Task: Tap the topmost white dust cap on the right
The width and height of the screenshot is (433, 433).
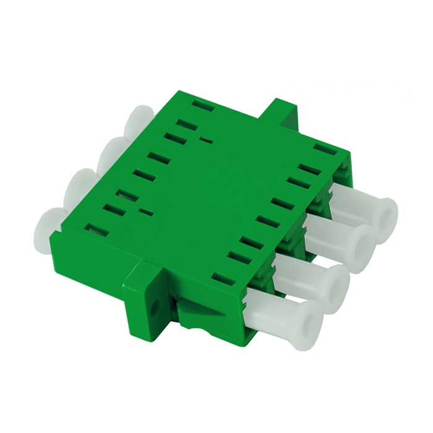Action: (x=365, y=204)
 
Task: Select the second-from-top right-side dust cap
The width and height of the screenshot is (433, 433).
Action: (x=343, y=238)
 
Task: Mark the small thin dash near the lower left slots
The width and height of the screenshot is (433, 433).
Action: (x=146, y=213)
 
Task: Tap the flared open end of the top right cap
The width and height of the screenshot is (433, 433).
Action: (x=387, y=213)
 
